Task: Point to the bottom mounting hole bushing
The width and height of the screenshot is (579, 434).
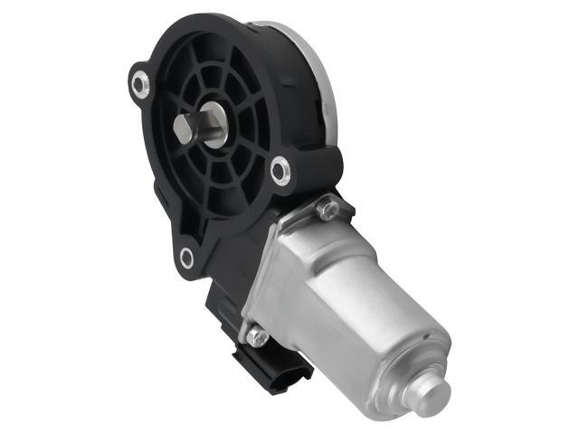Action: click(186, 258)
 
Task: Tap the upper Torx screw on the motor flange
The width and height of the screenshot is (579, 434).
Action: click(328, 210)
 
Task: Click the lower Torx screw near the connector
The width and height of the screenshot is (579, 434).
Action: click(257, 336)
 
